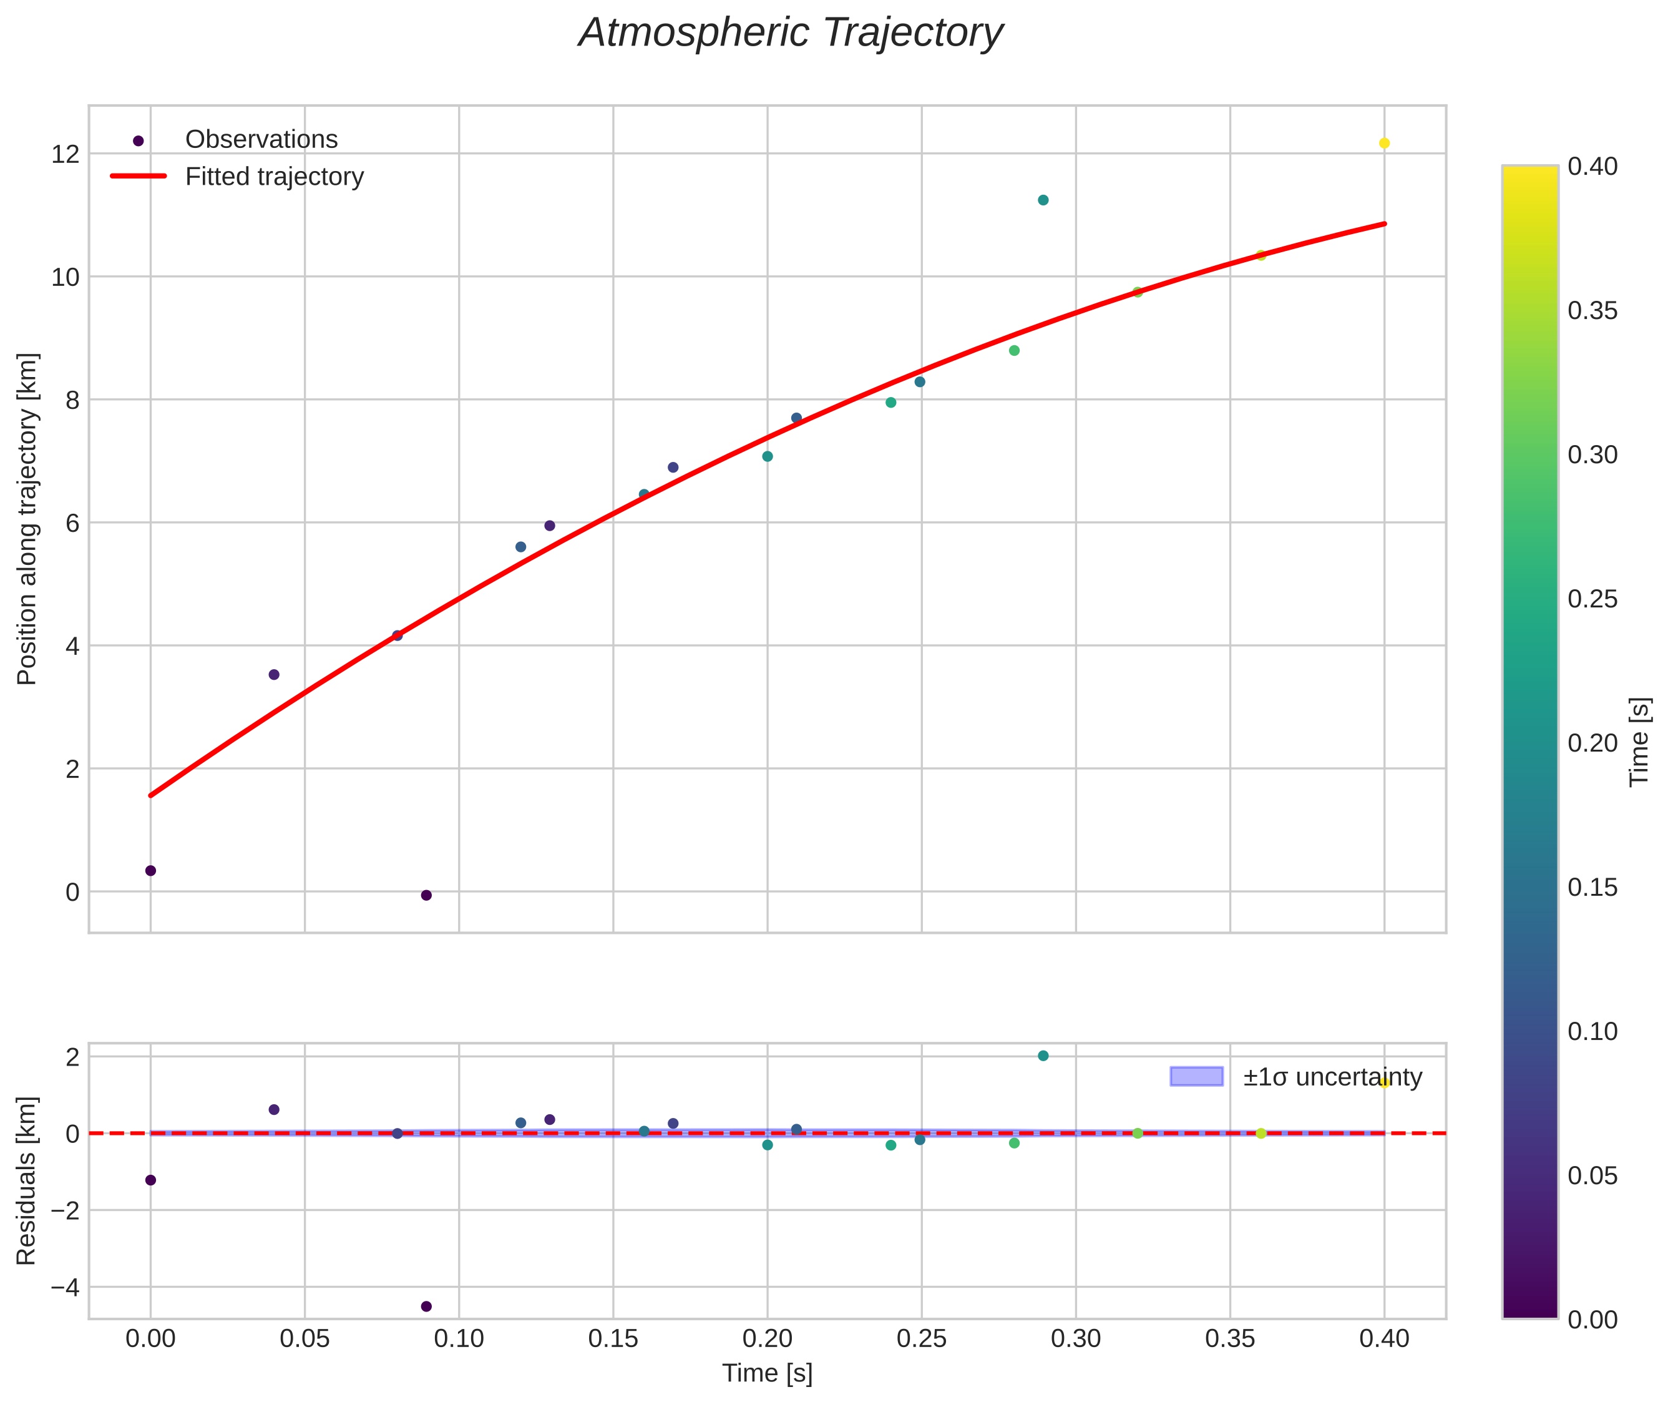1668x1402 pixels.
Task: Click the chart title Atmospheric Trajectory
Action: (791, 33)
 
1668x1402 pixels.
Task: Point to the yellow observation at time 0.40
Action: (1384, 143)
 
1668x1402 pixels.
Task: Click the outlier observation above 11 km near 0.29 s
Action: (1043, 200)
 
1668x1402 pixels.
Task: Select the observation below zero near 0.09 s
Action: (426, 896)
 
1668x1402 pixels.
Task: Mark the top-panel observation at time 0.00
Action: (151, 871)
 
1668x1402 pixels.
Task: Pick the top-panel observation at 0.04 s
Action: (274, 675)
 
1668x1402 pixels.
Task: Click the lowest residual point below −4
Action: (426, 1306)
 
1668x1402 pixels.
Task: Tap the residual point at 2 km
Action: (1043, 1056)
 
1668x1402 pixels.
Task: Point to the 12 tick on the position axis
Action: (66, 154)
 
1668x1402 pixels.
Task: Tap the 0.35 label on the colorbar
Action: (1592, 311)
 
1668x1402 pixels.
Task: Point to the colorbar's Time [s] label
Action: (1640, 742)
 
